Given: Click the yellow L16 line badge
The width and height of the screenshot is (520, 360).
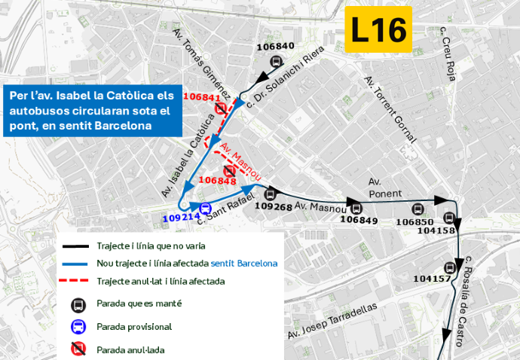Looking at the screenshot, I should click(x=379, y=30).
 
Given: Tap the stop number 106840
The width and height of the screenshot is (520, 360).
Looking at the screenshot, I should click(x=275, y=46).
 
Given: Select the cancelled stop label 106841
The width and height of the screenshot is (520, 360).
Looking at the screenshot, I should click(x=201, y=97).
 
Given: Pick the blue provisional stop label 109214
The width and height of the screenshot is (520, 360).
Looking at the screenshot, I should click(x=180, y=218).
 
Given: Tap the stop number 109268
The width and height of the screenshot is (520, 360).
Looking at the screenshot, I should click(x=274, y=206).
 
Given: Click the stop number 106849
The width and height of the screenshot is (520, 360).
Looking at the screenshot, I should click(x=359, y=220).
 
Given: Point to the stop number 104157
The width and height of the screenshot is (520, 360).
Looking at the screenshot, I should click(x=432, y=279).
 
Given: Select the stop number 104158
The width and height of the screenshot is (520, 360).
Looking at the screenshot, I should click(x=436, y=230).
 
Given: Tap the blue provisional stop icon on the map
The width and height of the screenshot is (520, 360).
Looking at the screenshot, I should click(x=205, y=208).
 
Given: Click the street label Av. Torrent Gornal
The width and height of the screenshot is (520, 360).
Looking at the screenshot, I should click(x=390, y=109).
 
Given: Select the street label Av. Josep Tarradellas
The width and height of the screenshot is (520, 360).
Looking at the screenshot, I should click(x=332, y=322).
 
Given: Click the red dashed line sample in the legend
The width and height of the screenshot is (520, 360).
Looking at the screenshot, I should click(x=77, y=281).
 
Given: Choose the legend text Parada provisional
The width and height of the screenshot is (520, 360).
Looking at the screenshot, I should click(x=134, y=327).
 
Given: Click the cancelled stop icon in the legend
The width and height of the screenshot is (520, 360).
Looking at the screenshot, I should click(x=77, y=349).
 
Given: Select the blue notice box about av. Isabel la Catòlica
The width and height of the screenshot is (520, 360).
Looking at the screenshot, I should click(x=92, y=111).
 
